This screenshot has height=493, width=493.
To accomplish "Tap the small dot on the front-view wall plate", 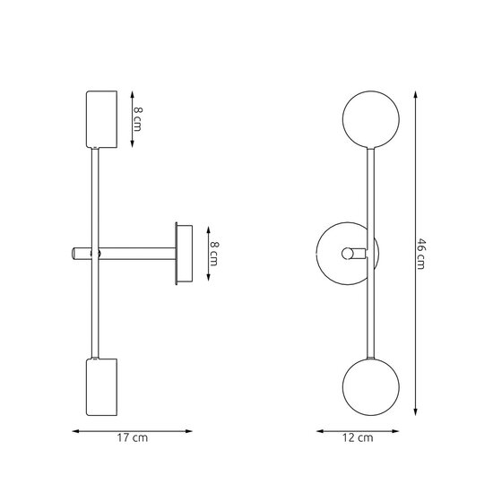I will point(342,255).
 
